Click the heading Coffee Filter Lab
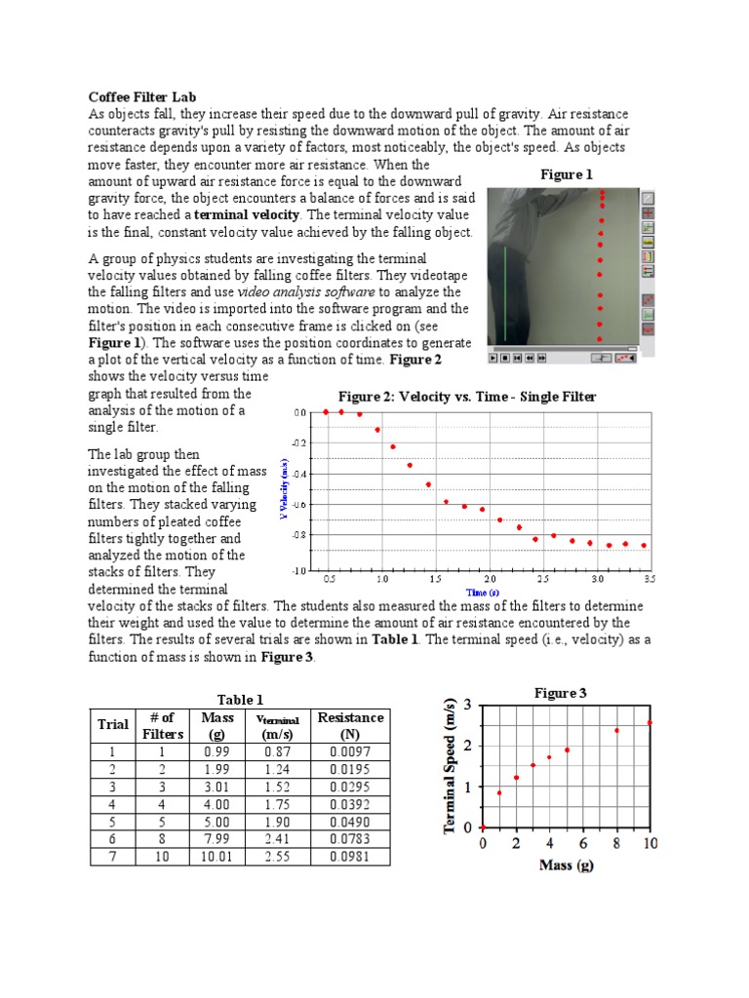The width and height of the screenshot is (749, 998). pos(142,97)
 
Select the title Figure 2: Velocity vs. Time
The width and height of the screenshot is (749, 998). pos(466,397)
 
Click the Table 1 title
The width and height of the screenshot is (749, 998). pos(240,699)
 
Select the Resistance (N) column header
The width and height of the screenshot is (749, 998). pos(350,725)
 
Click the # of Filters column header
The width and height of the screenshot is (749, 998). pos(162,725)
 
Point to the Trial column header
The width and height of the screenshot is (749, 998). pos(113,724)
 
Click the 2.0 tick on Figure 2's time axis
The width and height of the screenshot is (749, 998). pos(491,579)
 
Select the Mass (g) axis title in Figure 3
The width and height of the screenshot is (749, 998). pos(566,864)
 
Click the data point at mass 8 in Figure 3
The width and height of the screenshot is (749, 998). pos(616,729)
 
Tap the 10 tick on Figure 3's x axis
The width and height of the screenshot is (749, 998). pos(650,843)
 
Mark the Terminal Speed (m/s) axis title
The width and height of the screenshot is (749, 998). pos(451,766)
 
